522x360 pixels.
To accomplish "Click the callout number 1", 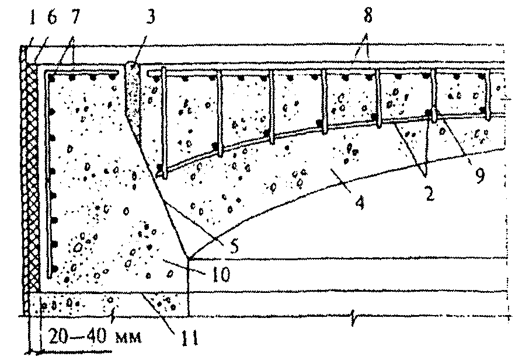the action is pyautogui.click(x=32, y=18).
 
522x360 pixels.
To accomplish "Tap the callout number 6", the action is pyautogui.click(x=52, y=18).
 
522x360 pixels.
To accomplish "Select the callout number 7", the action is pyautogui.click(x=75, y=18).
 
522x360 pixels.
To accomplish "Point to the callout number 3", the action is pyautogui.click(x=151, y=18).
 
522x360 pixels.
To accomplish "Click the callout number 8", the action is pyautogui.click(x=367, y=15).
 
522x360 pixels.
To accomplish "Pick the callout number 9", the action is pyautogui.click(x=479, y=176).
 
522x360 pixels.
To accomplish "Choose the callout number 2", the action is pyautogui.click(x=430, y=194).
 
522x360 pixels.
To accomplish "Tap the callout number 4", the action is pyautogui.click(x=360, y=201).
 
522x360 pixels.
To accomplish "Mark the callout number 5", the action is pyautogui.click(x=234, y=246).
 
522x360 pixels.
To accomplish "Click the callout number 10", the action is pyautogui.click(x=220, y=275).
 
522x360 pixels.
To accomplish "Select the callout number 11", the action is pyautogui.click(x=190, y=338).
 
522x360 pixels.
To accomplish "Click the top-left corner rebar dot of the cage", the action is pyautogui.click(x=51, y=78).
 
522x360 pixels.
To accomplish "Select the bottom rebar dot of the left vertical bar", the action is pyautogui.click(x=55, y=268).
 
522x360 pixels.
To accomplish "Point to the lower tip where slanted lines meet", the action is pyautogui.click(x=188, y=258).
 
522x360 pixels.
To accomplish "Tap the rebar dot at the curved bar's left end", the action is pyautogui.click(x=161, y=170).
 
